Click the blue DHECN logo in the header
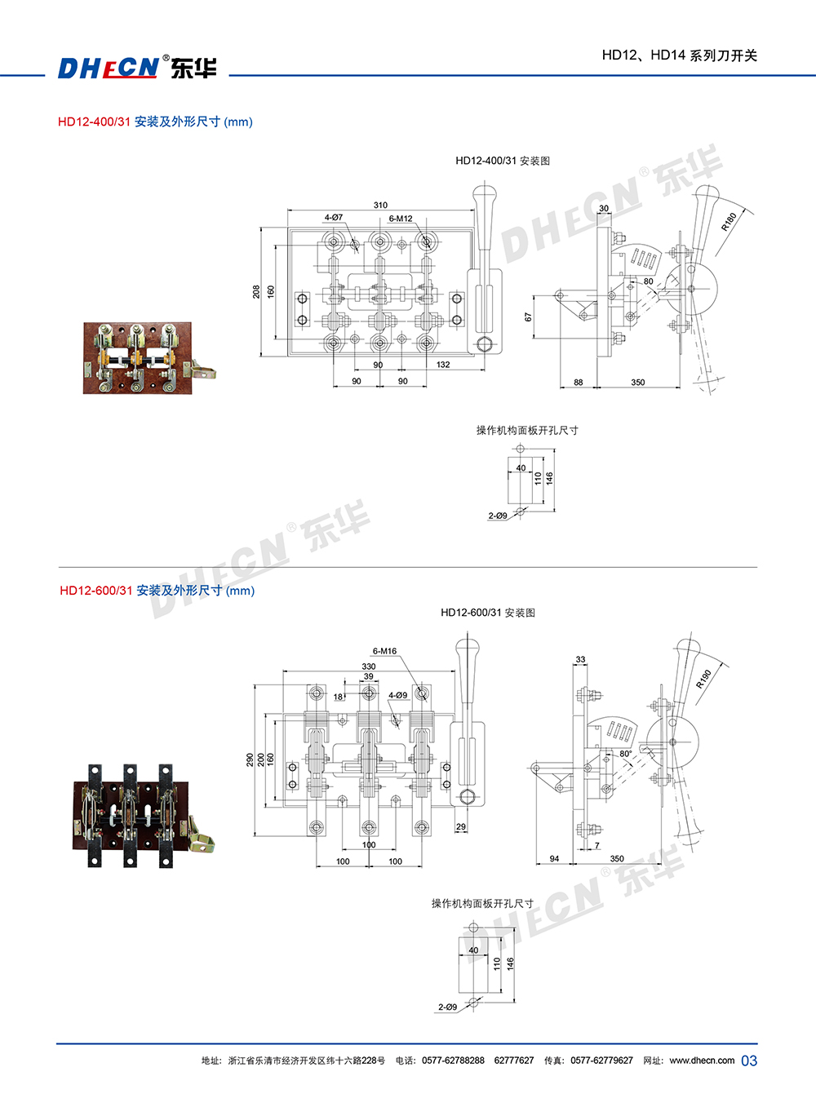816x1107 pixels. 109,68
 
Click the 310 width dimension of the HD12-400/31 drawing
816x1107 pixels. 380,205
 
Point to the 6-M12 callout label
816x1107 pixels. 401,219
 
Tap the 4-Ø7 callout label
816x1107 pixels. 334,218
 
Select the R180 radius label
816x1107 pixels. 729,221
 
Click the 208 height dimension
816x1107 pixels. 256,291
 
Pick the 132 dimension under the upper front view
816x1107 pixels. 443,365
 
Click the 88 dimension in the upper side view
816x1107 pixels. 578,382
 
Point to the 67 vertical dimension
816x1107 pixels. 528,317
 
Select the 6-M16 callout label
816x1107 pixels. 384,651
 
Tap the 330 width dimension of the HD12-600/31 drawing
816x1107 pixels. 369,666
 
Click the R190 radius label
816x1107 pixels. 703,679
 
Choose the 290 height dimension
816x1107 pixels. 250,760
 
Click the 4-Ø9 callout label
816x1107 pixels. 398,695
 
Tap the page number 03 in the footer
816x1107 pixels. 749,1061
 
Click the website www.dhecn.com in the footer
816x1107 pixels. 703,1061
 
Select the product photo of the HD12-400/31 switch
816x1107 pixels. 150,358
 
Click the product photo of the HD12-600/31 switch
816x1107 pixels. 144,816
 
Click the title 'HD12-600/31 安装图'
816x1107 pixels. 488,613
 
